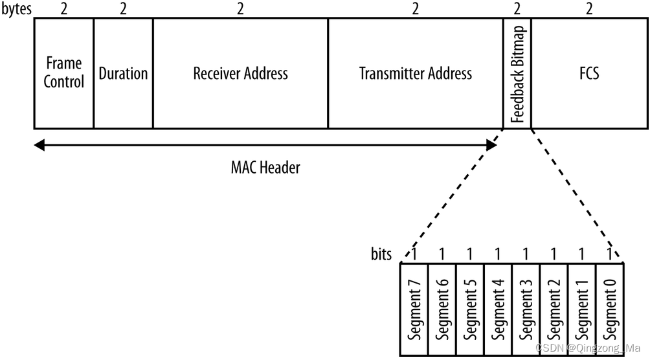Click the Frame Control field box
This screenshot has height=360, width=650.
coord(63,73)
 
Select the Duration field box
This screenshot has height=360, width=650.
coord(123,73)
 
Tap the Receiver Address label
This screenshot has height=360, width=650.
coord(240,73)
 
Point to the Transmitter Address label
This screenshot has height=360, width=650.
coord(416,73)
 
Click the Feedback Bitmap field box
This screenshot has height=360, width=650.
coord(517,73)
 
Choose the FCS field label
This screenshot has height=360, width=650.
coord(589,73)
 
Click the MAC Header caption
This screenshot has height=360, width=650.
coord(265,168)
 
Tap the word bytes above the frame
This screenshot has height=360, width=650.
coord(17,8)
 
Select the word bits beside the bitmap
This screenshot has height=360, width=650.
coord(381,254)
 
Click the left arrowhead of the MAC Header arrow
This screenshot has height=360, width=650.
coord(39,146)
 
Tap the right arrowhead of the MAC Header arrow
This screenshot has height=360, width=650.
coord(492,146)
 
